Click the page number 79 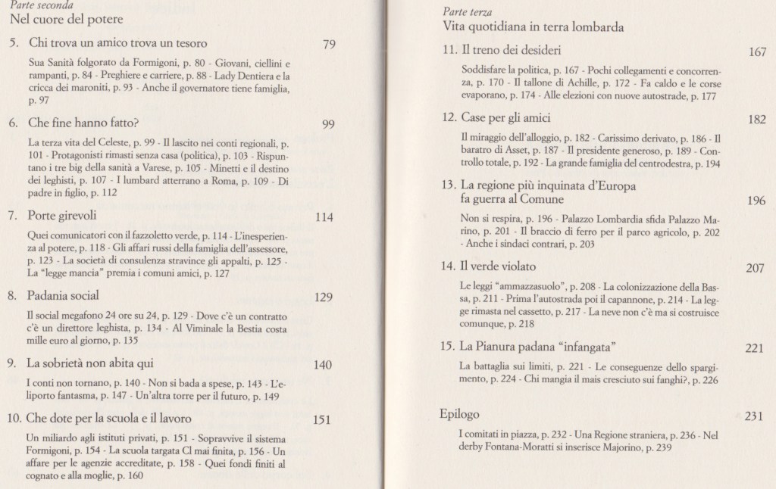[329, 44]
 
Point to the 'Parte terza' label [465, 12]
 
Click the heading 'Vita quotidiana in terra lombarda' [533, 28]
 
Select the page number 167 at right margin [757, 52]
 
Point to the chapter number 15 [447, 347]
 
